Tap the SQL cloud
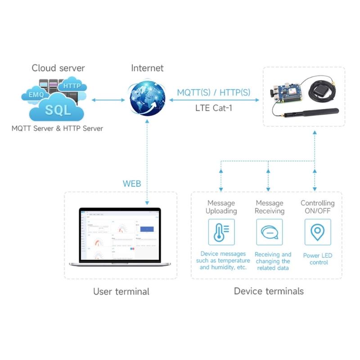coord(58,109)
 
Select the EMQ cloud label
coord(36,95)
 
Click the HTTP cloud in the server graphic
coord(72,85)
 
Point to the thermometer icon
coord(221,232)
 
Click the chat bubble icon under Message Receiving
coord(269,232)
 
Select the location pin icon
coord(318,232)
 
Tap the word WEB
coord(132,184)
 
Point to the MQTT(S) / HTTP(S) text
coord(213,92)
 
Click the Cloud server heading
coord(58,68)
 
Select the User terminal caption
coord(121,292)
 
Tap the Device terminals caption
coord(269,291)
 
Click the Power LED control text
coord(318,259)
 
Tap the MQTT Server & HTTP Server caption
coord(57,129)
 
